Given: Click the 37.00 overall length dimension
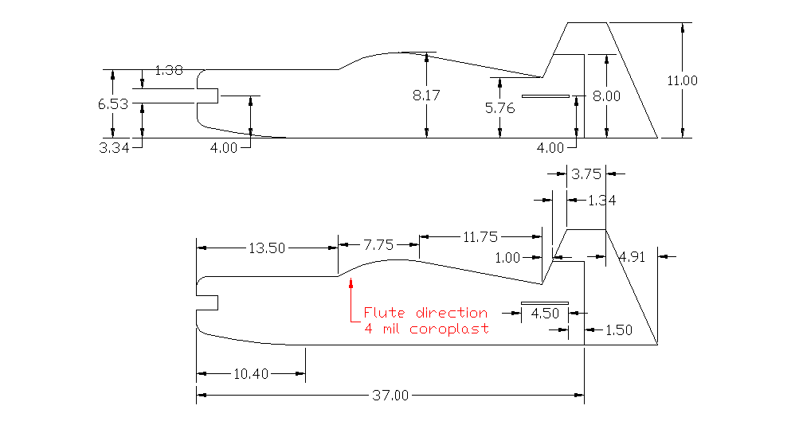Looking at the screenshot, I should [x=390, y=395].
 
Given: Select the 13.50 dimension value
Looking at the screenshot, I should [x=266, y=248].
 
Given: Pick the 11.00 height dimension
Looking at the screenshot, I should [x=682, y=80].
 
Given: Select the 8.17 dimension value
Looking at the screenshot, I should [x=426, y=95].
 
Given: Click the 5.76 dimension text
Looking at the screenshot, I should [x=499, y=108].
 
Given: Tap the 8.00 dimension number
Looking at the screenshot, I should [x=606, y=96].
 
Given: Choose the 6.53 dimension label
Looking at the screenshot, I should [x=113, y=103].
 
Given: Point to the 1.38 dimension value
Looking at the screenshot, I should [x=168, y=70].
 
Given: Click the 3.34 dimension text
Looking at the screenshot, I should [x=113, y=147].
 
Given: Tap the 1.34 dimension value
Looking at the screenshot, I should [x=601, y=201].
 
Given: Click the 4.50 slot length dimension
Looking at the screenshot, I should [x=545, y=313].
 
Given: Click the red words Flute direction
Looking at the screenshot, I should [x=425, y=313].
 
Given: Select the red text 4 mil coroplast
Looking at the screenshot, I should [x=425, y=329].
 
